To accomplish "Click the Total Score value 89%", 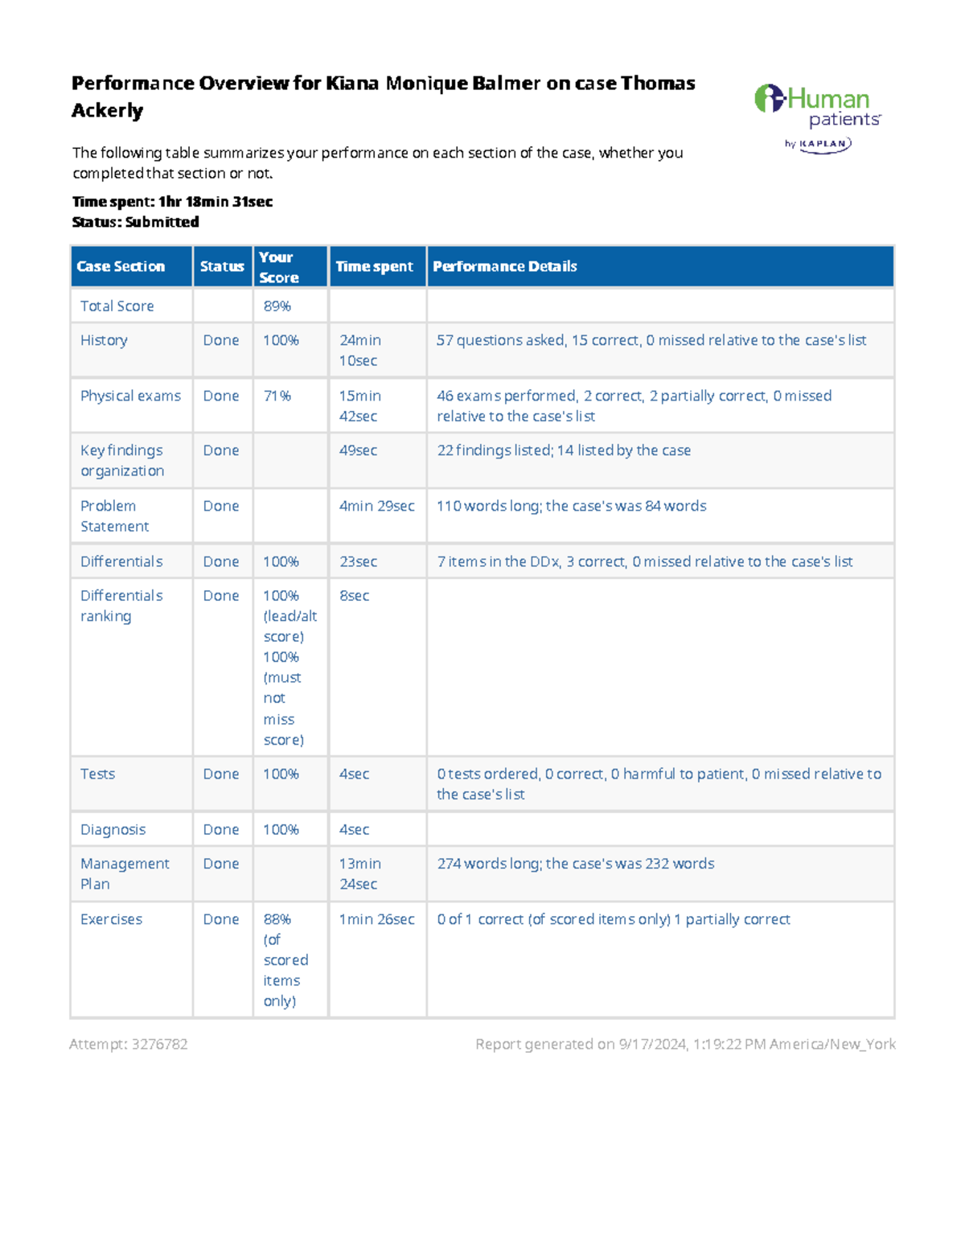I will tap(277, 306).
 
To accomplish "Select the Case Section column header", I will tap(121, 266).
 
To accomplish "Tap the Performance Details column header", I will tap(504, 266).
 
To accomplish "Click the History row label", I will tap(104, 340).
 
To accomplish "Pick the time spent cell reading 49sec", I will tap(358, 450).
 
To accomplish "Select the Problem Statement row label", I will tap(114, 516).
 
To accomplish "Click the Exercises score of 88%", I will tap(277, 919).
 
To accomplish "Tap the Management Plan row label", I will tap(124, 873).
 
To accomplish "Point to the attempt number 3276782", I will tap(160, 1044).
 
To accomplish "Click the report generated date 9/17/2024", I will tap(651, 1044).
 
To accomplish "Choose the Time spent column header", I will tap(374, 266).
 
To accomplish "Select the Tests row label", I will tap(97, 774).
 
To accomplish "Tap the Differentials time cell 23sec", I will tap(358, 561).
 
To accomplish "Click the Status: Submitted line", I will tap(135, 222).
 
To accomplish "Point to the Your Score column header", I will tap(278, 267).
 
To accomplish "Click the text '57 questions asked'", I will tap(500, 340).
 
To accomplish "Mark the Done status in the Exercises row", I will tap(221, 919).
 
